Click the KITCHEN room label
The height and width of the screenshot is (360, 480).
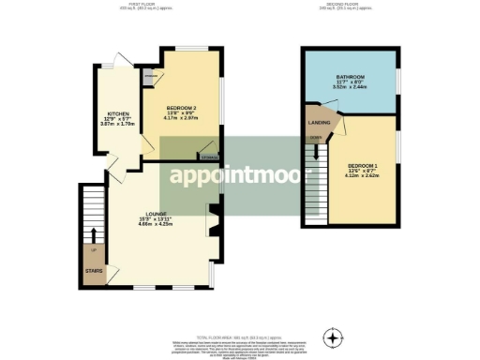(x=118, y=112)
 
